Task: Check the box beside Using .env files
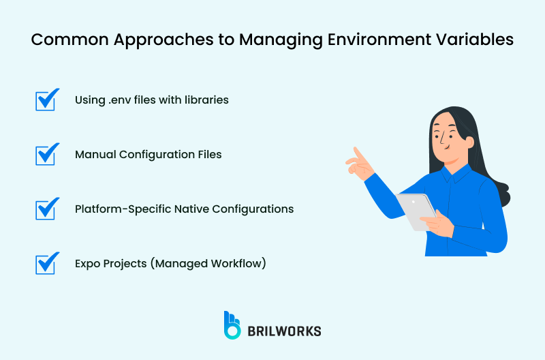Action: [x=46, y=100]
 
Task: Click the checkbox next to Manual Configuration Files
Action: [x=46, y=154]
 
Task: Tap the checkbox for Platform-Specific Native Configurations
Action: [x=46, y=209]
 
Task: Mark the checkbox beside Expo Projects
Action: [x=46, y=263]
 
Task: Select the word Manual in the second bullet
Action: [x=95, y=155]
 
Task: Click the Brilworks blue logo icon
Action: [x=232, y=325]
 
